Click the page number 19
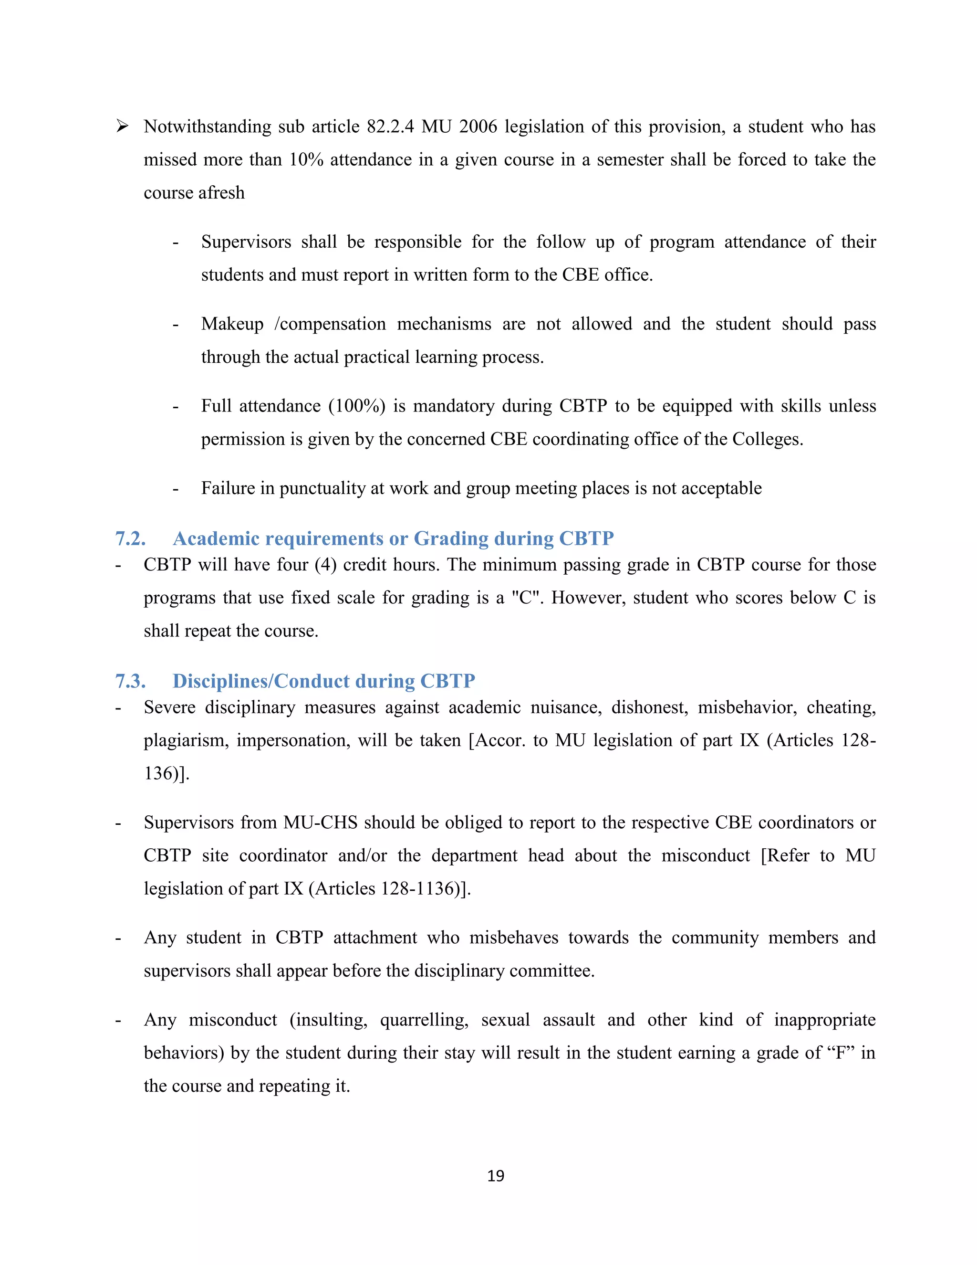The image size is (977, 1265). click(496, 1176)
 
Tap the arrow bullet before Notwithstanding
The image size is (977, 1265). click(122, 126)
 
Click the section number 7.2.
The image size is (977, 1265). click(130, 538)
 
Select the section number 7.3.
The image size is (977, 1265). click(130, 681)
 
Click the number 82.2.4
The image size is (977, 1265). click(390, 127)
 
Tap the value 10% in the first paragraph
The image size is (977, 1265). click(306, 160)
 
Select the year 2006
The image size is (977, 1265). click(478, 127)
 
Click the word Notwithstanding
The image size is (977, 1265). click(207, 127)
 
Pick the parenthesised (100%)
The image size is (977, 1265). click(356, 406)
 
